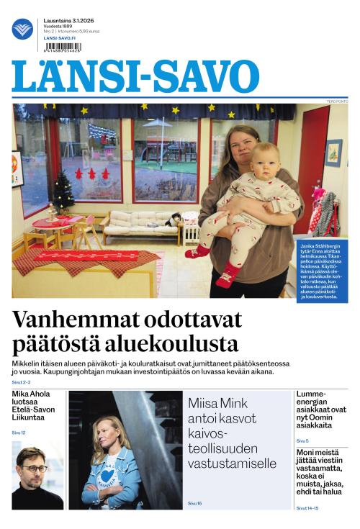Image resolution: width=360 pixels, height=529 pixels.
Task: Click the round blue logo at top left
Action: (x=22, y=29)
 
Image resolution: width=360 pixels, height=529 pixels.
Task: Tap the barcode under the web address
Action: (x=63, y=47)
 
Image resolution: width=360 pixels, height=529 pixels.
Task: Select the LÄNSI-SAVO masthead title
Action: (x=135, y=76)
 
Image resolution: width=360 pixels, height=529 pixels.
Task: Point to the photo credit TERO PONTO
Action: (x=337, y=101)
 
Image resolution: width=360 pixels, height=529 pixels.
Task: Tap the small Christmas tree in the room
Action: (x=63, y=189)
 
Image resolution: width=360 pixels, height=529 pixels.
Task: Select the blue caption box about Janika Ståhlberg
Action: (x=322, y=271)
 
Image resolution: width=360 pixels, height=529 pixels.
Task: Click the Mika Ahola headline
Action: (x=37, y=406)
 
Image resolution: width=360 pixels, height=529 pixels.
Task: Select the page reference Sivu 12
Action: (x=19, y=432)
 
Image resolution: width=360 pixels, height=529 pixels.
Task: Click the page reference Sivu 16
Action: (x=194, y=503)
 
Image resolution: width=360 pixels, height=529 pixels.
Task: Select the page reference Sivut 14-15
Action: (x=307, y=507)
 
